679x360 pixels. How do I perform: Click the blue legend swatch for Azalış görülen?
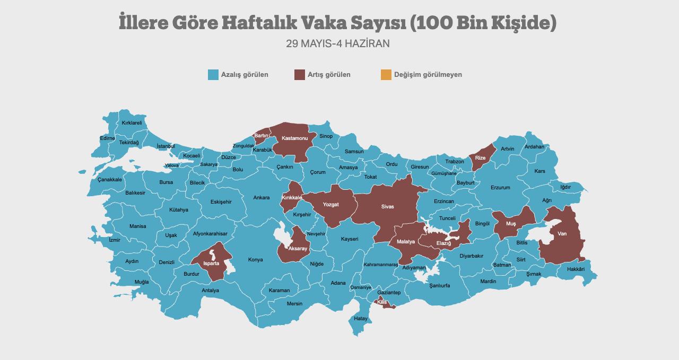point(213,75)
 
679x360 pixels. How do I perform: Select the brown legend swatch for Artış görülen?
point(300,75)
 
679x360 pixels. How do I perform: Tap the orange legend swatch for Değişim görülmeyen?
point(386,75)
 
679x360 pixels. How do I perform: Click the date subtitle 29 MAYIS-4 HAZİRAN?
point(337,43)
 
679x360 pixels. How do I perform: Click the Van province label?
point(562,234)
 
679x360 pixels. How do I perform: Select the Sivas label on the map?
point(387,206)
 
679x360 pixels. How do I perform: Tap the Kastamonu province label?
point(295,138)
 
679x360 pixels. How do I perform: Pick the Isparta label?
point(211,262)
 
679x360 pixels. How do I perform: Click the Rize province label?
point(480,158)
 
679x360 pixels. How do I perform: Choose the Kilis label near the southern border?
point(382,302)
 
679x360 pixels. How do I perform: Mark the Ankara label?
point(261,198)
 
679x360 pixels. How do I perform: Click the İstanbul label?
point(166,146)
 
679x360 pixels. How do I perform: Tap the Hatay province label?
point(361,319)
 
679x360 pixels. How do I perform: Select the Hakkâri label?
point(576,269)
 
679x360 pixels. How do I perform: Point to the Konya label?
point(255,260)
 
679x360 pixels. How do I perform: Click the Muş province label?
point(510,224)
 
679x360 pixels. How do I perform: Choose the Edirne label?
point(107,138)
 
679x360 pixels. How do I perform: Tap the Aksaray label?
point(297,249)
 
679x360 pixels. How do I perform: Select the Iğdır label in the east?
point(565,187)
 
